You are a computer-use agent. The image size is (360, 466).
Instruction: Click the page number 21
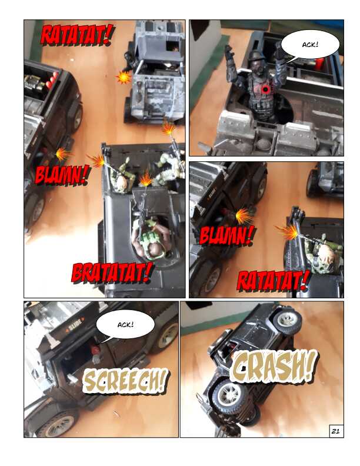[x=335, y=431]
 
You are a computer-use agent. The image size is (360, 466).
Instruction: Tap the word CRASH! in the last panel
[x=273, y=365]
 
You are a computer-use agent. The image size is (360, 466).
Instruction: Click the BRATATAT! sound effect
[x=112, y=272]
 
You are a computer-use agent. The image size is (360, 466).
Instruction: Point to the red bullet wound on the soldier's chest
[x=265, y=89]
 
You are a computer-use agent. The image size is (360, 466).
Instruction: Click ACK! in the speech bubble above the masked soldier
[x=310, y=45]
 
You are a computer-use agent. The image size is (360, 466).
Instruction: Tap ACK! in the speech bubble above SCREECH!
[x=125, y=325]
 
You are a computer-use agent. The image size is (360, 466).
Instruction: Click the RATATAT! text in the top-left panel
[x=76, y=35]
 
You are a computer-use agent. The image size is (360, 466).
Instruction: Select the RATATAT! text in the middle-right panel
[x=273, y=281]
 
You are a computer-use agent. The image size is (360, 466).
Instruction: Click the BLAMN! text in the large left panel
[x=62, y=175]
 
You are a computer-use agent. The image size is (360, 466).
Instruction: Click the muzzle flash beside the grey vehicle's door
[x=124, y=77]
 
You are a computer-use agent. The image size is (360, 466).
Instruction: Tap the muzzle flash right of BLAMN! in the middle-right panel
[x=288, y=232]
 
